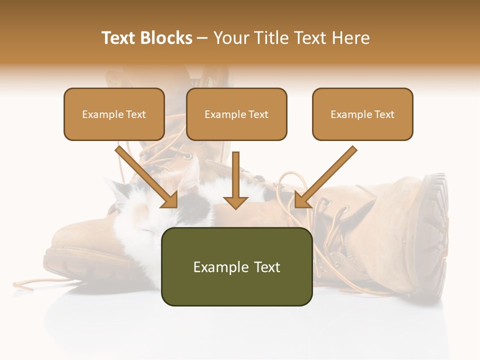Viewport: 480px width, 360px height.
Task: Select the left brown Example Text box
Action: point(114,114)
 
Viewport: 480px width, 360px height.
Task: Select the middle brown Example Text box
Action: point(236,114)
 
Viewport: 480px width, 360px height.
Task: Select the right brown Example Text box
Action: point(362,114)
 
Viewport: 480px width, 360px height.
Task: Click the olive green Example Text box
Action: point(237,266)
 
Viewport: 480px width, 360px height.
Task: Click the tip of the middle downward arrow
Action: point(235,207)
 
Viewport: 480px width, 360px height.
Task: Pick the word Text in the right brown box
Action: point(384,114)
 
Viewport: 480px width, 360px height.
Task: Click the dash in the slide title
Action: point(202,38)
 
